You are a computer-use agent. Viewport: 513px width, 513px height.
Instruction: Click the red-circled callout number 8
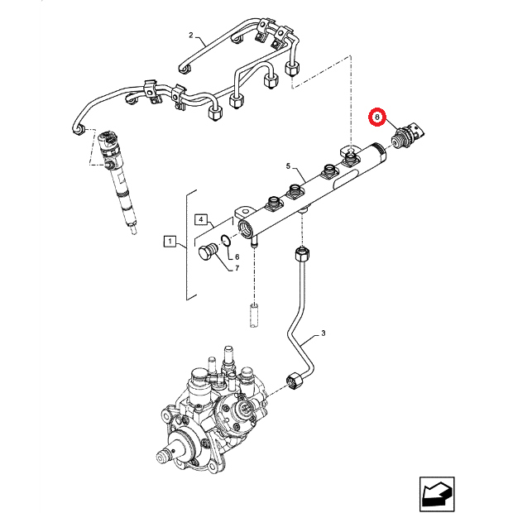click(x=376, y=118)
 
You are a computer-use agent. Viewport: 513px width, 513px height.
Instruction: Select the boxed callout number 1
click(x=169, y=242)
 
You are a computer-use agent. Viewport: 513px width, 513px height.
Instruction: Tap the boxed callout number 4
click(x=200, y=219)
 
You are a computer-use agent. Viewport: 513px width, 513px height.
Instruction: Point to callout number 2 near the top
click(x=190, y=36)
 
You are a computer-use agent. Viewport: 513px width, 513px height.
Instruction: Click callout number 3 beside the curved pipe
click(x=324, y=334)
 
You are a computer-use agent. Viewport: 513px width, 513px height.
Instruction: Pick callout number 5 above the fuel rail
click(x=289, y=166)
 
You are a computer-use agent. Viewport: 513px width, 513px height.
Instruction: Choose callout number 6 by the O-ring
click(x=236, y=257)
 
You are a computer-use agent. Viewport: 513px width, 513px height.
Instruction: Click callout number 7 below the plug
click(x=236, y=268)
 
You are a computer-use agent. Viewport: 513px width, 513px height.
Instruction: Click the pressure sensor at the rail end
click(x=408, y=135)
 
